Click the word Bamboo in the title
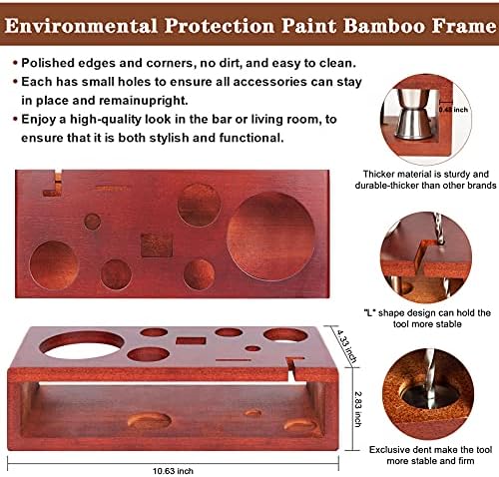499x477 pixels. tap(384, 26)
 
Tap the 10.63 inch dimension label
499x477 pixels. tap(173, 471)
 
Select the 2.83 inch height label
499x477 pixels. tap(358, 409)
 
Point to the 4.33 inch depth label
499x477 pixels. tap(347, 346)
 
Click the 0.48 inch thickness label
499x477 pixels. tap(453, 110)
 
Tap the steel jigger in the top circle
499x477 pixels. tap(412, 113)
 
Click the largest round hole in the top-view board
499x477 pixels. tap(270, 237)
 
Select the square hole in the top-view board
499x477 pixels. tap(157, 244)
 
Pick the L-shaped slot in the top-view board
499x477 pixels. tap(54, 184)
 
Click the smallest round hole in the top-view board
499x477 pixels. tap(92, 222)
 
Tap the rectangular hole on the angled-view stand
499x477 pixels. tap(191, 340)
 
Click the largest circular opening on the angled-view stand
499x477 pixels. tap(82, 345)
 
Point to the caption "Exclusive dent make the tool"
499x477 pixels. tap(430, 450)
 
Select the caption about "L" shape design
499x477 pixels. tap(427, 318)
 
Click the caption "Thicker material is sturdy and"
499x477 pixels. tap(426, 174)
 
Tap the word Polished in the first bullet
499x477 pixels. tap(48, 63)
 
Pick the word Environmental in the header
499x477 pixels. tap(81, 26)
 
